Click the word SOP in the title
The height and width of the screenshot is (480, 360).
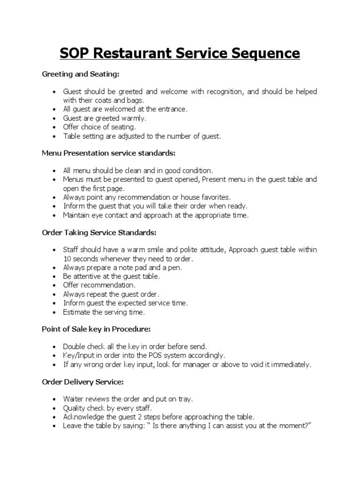coord(75,53)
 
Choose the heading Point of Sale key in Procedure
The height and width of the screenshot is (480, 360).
coord(96,330)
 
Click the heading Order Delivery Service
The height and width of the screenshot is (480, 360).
coord(82,382)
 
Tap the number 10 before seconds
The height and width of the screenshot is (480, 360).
coord(67,259)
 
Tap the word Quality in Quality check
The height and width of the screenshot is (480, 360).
coord(74,408)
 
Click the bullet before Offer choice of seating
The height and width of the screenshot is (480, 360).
coord(54,127)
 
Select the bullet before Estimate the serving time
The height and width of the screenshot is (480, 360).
coord(54,312)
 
